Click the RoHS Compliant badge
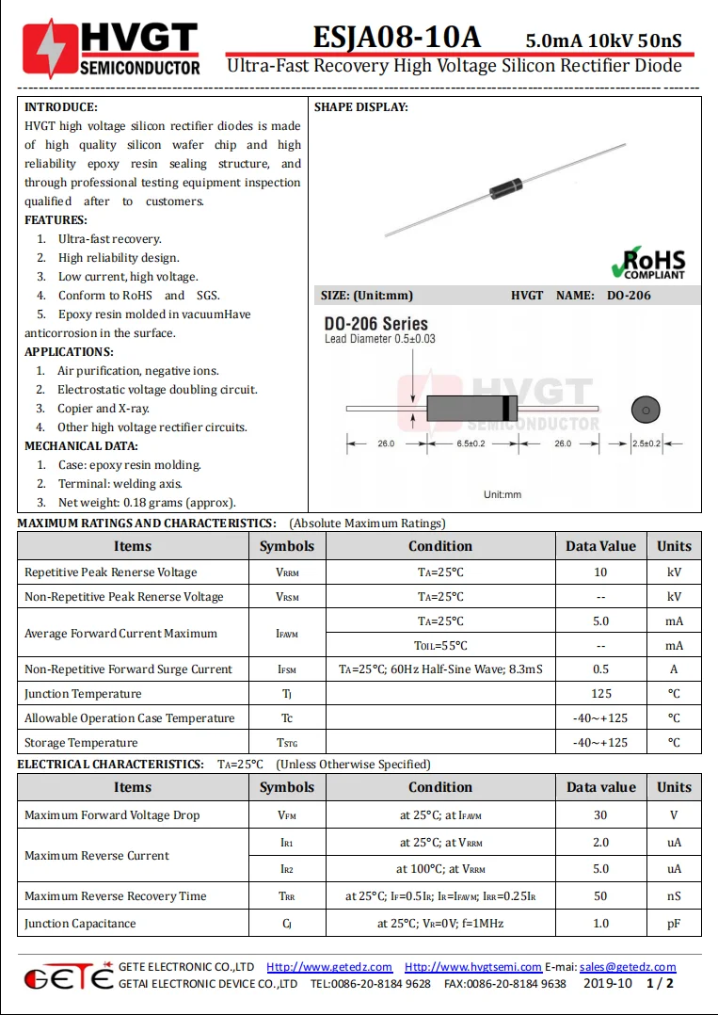(648, 263)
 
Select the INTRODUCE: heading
(61, 107)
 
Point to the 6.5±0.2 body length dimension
(471, 443)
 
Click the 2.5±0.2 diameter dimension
(646, 443)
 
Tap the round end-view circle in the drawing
(645, 410)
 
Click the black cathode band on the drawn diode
(508, 409)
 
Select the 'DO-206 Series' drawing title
(376, 323)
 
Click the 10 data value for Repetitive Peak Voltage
(600, 572)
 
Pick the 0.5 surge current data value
(600, 669)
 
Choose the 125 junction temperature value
(600, 694)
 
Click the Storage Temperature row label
(81, 743)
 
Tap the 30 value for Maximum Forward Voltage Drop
(600, 815)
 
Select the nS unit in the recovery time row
(674, 896)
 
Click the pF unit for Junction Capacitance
(674, 924)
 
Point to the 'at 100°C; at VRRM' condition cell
(440, 869)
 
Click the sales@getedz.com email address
(628, 967)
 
